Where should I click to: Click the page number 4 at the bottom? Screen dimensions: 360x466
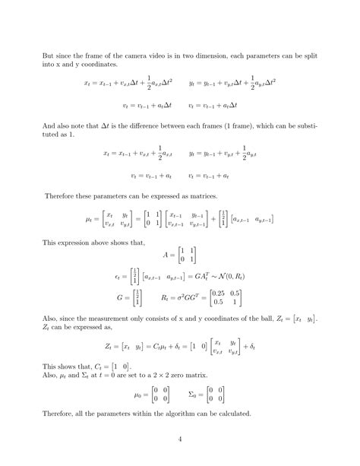coord(180,438)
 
